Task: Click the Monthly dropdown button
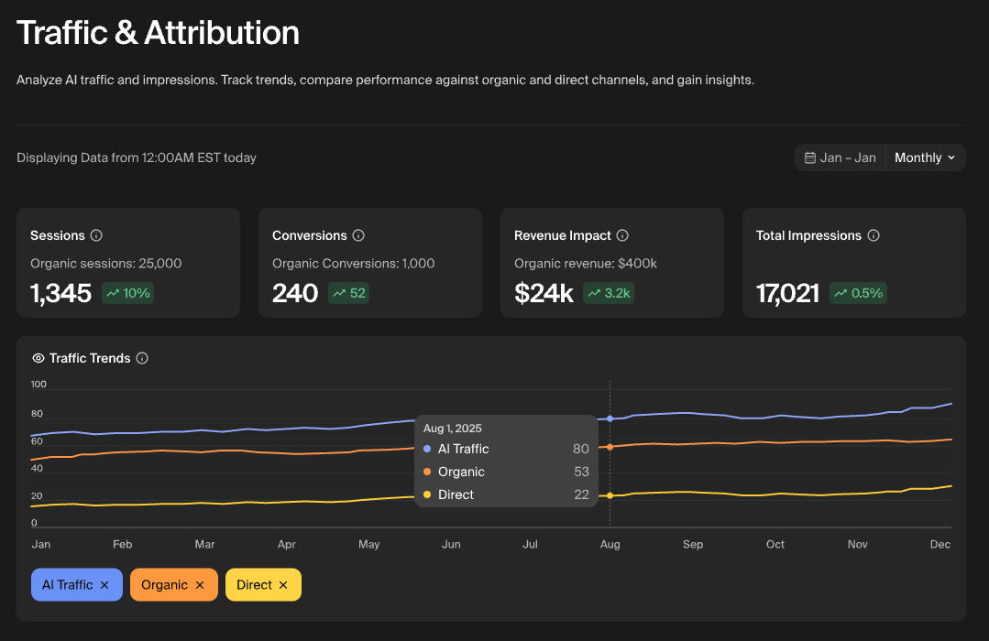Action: [x=925, y=158]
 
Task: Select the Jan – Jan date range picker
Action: [x=841, y=158]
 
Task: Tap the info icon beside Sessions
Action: [x=96, y=235]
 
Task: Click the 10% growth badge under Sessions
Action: [x=127, y=293]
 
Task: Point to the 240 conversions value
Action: [x=295, y=293]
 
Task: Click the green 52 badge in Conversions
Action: [x=348, y=293]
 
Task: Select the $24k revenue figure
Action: [x=544, y=293]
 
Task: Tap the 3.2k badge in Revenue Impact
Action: [x=610, y=293]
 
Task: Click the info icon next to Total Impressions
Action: [x=874, y=235]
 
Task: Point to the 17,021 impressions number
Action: [x=787, y=293]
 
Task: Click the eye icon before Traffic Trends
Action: [x=38, y=358]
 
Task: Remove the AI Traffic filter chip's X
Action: [x=104, y=585]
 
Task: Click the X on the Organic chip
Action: [x=200, y=585]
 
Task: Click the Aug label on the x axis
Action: [x=610, y=544]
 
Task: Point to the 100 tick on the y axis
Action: [x=38, y=385]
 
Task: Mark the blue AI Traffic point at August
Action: [x=610, y=418]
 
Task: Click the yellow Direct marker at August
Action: [x=610, y=495]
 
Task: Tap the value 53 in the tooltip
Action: [x=581, y=472]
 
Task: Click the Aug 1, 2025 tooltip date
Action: [x=453, y=428]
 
